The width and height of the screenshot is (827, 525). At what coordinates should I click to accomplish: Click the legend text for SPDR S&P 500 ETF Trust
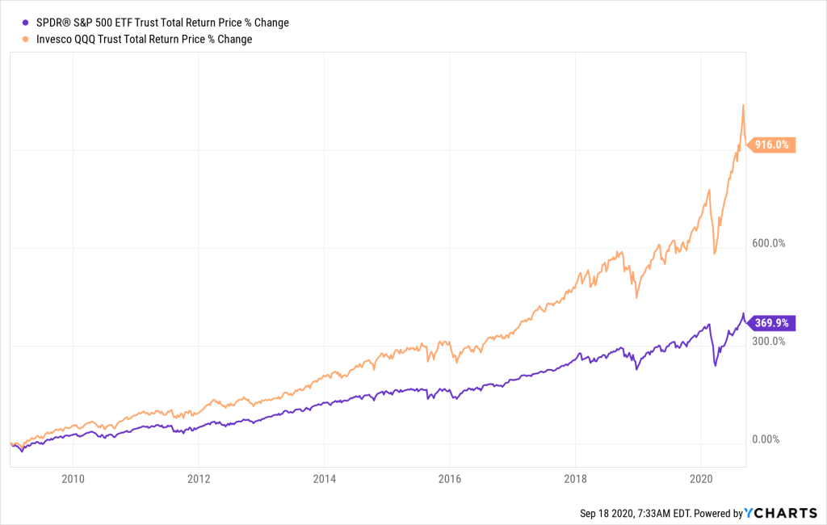pos(162,23)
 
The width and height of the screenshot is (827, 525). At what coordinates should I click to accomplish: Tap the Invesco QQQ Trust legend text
pos(143,39)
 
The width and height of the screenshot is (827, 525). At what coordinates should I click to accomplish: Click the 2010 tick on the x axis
pos(73,478)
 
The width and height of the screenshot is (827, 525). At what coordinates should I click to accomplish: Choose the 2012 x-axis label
pos(199,478)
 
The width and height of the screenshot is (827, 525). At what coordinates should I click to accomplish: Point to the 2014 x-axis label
pos(324,478)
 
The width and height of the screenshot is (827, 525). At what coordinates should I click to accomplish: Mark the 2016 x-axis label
pos(450,478)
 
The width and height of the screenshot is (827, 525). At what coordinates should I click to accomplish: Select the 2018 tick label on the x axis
pos(575,478)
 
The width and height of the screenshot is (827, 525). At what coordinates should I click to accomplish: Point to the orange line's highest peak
pos(743,105)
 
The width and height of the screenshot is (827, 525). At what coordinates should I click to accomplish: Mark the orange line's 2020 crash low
pos(715,254)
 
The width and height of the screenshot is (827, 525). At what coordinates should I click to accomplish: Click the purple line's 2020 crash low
pos(716,366)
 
